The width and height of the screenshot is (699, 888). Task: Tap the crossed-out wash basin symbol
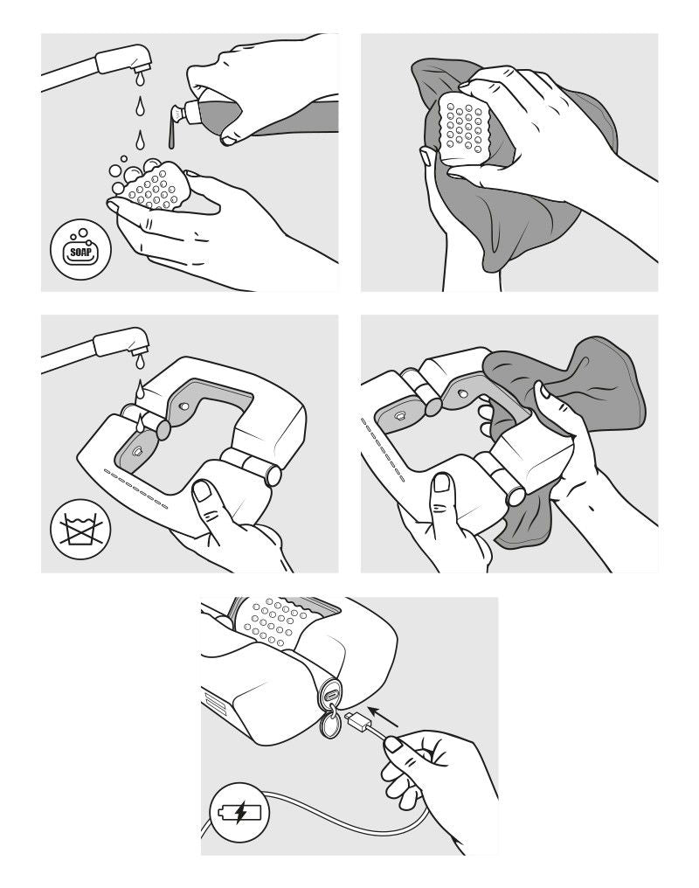[x=80, y=529]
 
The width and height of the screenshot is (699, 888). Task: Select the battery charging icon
[x=240, y=813]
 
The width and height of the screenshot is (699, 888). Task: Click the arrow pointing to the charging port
[x=384, y=716]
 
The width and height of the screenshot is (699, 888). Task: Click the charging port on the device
[x=330, y=691]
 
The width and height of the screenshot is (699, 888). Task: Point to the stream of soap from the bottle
[x=171, y=135]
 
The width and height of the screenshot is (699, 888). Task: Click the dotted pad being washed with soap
[x=154, y=186]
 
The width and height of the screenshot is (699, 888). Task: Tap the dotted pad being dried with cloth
[x=464, y=128]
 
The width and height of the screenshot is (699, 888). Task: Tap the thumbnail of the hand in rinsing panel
[x=202, y=490]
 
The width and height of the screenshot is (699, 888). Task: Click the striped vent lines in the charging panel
[x=215, y=702]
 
